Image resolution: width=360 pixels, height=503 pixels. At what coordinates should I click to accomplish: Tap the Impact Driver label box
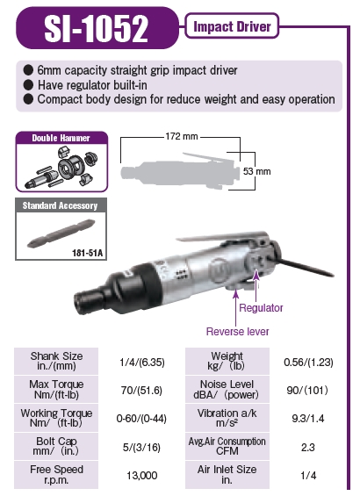click(233, 26)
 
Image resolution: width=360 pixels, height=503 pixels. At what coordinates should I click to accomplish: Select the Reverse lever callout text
click(238, 331)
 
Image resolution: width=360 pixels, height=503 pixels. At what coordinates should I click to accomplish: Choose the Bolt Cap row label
click(56, 445)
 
